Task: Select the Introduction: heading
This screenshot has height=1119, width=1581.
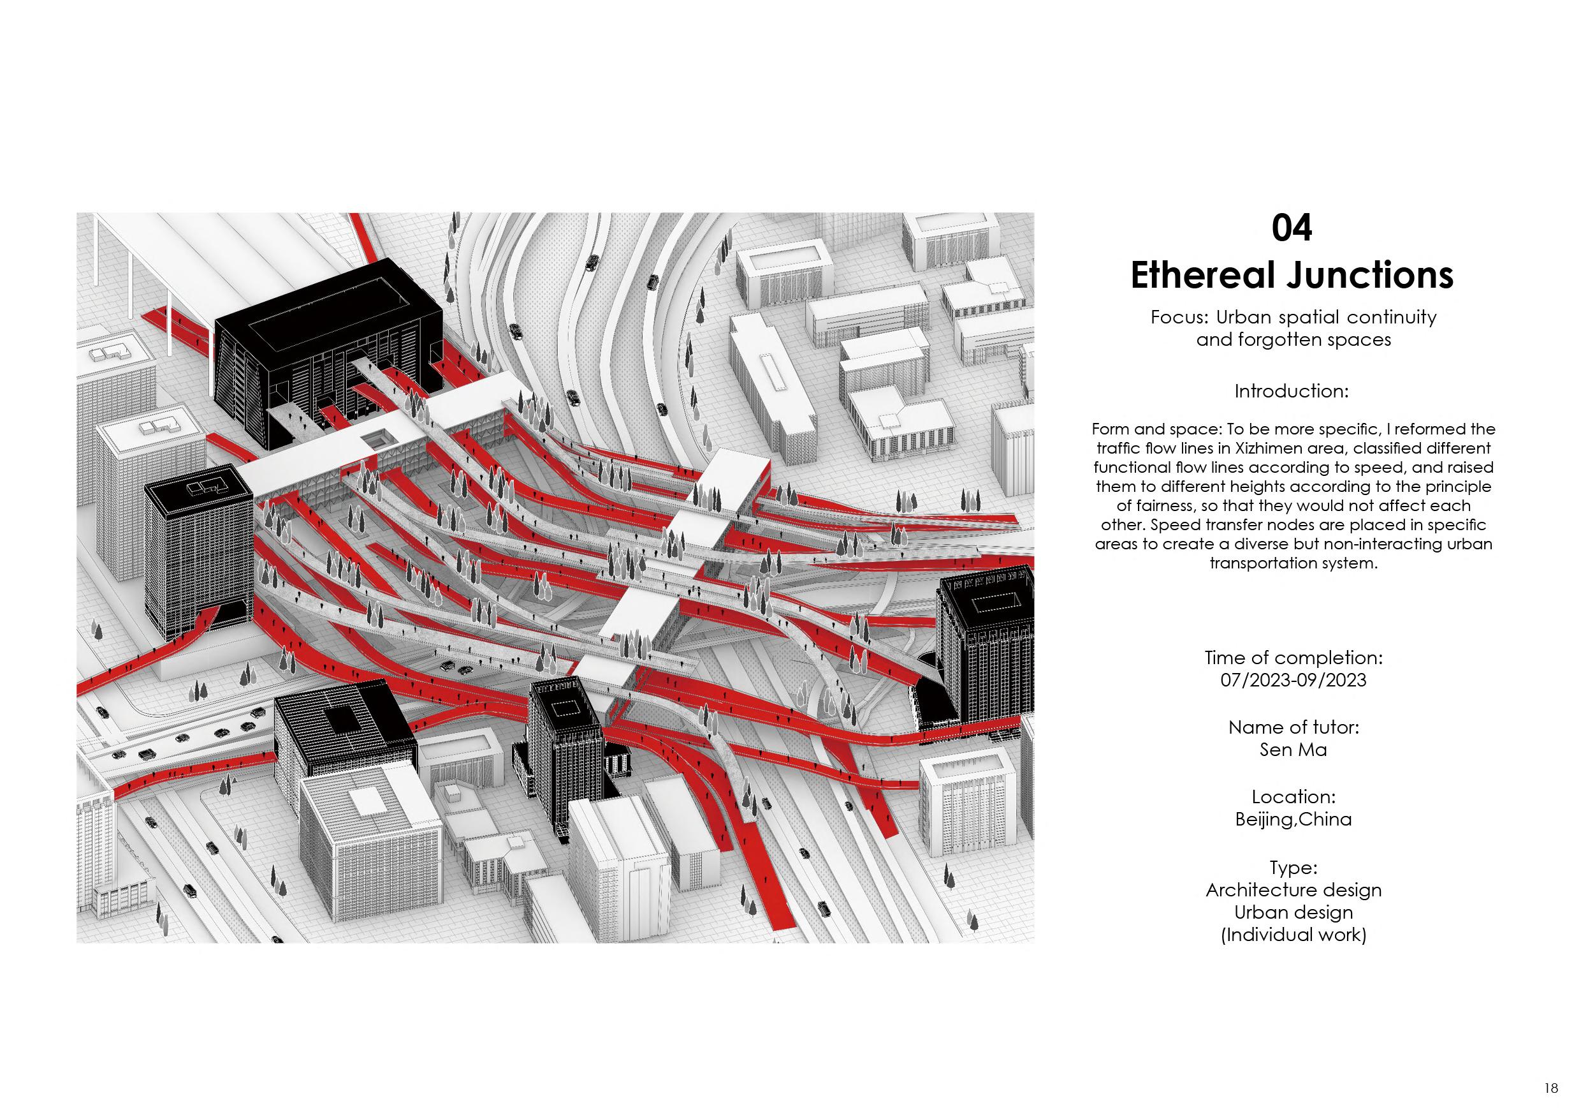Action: point(1291,391)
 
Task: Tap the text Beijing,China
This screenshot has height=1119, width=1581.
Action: point(1293,819)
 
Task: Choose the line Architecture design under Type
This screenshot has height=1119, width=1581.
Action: point(1293,889)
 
